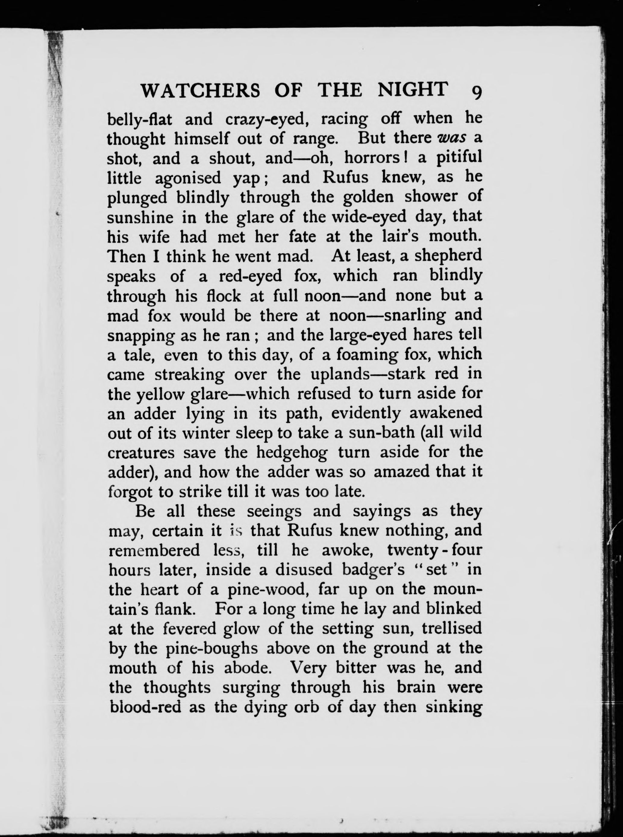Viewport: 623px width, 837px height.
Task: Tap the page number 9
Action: pyautogui.click(x=476, y=92)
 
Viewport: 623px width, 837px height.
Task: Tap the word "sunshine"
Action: pyautogui.click(x=140, y=217)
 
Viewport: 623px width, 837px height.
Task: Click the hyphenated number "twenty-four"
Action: pyautogui.click(x=434, y=550)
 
